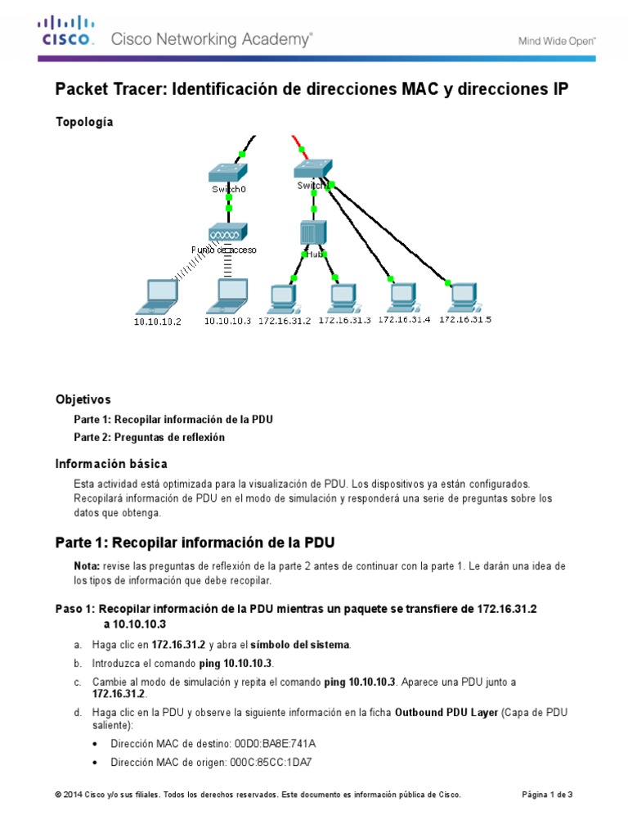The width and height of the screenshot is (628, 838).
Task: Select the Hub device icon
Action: click(x=312, y=232)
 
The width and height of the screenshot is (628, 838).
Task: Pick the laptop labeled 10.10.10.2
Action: click(x=159, y=295)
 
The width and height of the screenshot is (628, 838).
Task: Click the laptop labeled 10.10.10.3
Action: click(x=228, y=295)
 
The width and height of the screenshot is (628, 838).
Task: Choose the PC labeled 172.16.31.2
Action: click(x=284, y=297)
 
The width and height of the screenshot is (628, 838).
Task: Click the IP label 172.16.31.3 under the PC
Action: click(x=344, y=321)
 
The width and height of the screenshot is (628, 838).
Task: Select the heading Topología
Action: click(x=84, y=122)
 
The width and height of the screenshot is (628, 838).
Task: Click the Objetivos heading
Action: click(x=83, y=400)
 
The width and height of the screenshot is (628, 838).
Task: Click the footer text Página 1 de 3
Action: click(x=547, y=795)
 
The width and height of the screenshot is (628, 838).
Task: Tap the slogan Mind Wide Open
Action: click(x=557, y=40)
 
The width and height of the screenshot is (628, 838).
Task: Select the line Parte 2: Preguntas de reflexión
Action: click(x=149, y=438)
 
